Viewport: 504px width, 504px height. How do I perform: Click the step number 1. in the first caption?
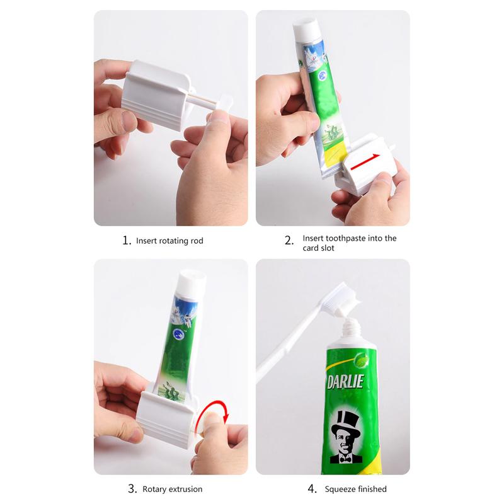coord(127,241)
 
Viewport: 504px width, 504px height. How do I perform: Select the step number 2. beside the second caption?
coord(289,241)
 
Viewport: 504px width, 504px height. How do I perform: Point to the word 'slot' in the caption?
coord(327,248)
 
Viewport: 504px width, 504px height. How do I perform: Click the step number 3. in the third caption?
coord(132,489)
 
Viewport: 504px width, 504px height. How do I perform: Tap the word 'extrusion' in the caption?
coord(187,490)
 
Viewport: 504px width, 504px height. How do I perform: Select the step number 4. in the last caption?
coord(312,489)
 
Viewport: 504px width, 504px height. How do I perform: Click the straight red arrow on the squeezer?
coord(365,162)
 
